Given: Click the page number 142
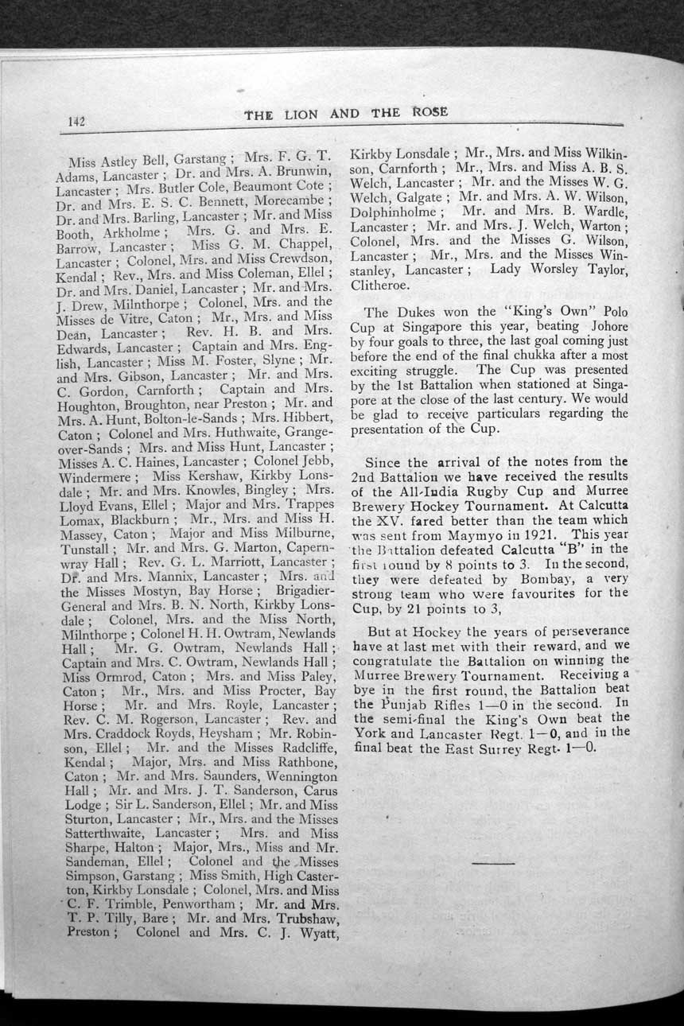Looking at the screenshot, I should click(x=76, y=121).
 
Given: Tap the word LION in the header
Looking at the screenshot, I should click(x=301, y=114).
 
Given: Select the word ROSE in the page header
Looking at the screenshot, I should click(x=429, y=112).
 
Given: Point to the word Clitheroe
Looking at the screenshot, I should click(x=382, y=284).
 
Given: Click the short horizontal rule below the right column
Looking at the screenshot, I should click(x=492, y=863).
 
